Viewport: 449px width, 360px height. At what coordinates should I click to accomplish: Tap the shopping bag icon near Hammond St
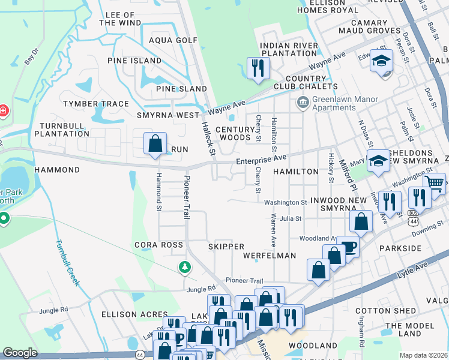[155, 144]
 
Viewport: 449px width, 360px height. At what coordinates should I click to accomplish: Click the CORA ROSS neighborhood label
[158, 245]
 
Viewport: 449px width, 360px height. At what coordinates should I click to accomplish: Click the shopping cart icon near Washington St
[435, 184]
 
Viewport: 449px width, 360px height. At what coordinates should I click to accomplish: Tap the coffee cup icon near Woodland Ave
[348, 245]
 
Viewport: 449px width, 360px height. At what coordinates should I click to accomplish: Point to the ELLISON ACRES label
[134, 314]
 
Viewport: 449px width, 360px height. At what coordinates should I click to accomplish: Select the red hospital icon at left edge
[3, 111]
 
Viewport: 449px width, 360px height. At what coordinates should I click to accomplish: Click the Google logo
[20, 353]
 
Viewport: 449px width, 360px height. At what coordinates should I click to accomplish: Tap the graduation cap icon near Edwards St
[381, 61]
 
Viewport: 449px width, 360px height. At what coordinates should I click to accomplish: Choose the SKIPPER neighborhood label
[226, 247]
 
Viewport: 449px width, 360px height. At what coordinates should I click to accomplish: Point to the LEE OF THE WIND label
[120, 18]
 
